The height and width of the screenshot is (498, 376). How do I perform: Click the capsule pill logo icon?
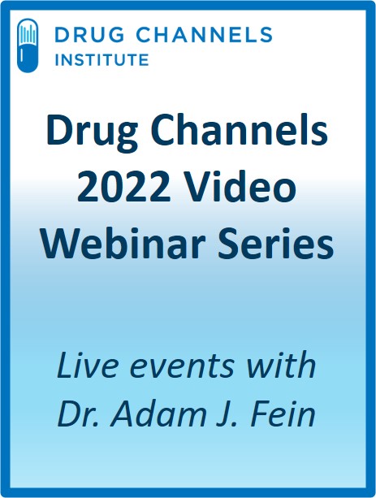coord(28,45)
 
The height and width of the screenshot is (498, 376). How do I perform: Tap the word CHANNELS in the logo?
coord(205,34)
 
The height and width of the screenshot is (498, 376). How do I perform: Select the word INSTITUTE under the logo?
coord(102,59)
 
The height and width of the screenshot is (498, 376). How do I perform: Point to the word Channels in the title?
coord(239,129)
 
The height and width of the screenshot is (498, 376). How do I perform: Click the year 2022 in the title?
coord(124,188)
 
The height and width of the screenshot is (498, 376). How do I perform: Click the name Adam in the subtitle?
coord(160,413)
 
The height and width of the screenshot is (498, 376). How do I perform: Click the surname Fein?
coord(283,413)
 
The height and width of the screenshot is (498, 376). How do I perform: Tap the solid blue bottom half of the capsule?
coord(28,59)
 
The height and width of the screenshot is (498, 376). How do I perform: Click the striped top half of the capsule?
coord(28,32)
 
